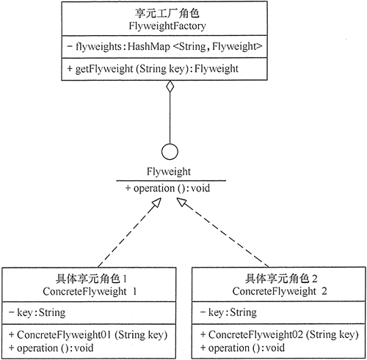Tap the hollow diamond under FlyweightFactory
tap(170, 89)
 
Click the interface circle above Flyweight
tap(170, 153)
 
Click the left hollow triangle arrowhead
tap(155, 208)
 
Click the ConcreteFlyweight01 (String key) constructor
tap(89, 334)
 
